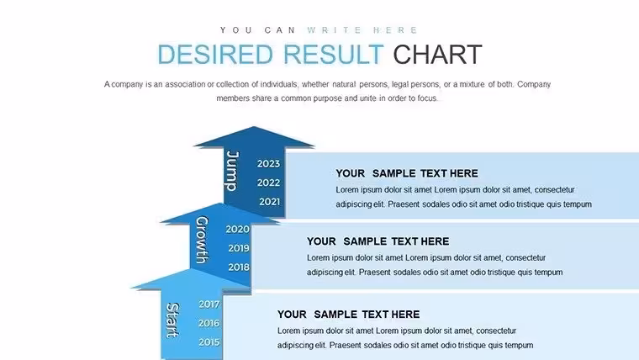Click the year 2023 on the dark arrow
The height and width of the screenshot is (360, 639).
[268, 164]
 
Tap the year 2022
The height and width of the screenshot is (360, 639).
[268, 183]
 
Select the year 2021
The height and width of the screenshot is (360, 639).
[269, 201]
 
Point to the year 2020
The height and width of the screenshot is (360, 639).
[238, 229]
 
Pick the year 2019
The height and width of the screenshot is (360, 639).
[239, 248]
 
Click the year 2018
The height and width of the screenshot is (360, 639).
[239, 267]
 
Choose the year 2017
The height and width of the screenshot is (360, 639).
[209, 304]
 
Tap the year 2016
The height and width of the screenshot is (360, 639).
[209, 323]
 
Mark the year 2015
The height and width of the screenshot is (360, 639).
[209, 342]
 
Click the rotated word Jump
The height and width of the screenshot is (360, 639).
[232, 171]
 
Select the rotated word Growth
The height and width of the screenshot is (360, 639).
[202, 240]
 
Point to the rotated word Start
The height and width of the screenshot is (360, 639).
[173, 320]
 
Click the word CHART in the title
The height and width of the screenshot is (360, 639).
[437, 55]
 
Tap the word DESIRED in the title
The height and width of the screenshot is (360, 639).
[215, 55]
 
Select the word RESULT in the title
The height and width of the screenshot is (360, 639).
[333, 55]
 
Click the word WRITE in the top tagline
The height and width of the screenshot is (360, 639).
[335, 30]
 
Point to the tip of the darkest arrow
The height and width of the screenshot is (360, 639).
[254, 126]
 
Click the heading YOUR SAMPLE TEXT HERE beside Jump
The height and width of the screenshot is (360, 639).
[407, 173]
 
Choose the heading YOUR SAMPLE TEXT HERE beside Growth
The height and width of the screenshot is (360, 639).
[378, 241]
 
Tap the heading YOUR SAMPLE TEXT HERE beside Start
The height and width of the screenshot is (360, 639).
[348, 315]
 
